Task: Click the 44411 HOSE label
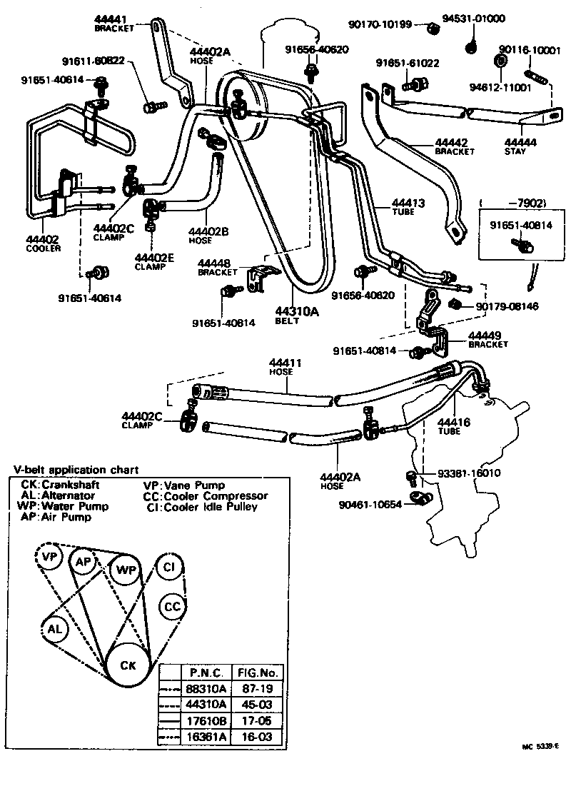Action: click(x=285, y=367)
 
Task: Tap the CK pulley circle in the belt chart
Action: click(x=128, y=665)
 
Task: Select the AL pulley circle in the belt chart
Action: click(x=55, y=628)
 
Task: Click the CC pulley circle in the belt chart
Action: click(x=173, y=606)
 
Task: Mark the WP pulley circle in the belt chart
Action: click(x=126, y=570)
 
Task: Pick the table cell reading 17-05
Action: click(x=260, y=720)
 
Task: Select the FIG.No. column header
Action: click(x=260, y=672)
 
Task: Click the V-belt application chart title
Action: click(x=76, y=470)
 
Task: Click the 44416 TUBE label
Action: click(x=453, y=427)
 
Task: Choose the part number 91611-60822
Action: click(x=94, y=61)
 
